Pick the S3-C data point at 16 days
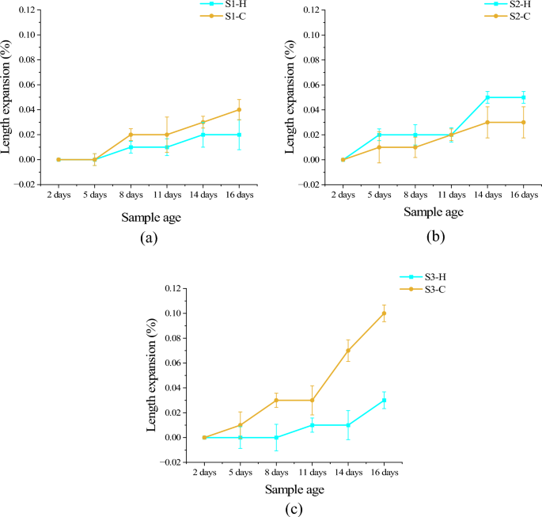click(384, 314)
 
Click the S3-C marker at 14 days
click(348, 351)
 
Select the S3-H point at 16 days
click(384, 400)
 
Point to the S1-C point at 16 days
click(239, 110)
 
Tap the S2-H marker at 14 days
click(487, 97)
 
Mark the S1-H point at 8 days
click(131, 147)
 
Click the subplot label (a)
click(148, 238)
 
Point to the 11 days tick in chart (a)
click(167, 194)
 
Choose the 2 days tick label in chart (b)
click(343, 194)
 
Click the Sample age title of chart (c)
click(294, 490)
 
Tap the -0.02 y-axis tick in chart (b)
click(308, 184)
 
